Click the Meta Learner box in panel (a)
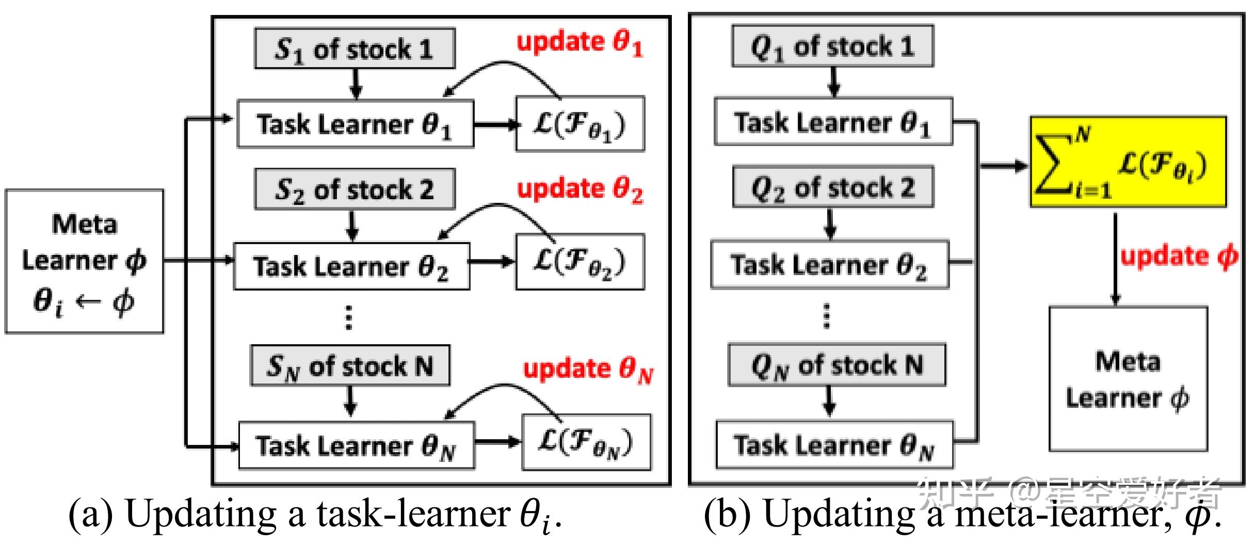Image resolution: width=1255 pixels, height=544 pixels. coord(84,261)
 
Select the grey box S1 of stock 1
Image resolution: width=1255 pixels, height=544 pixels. coord(355,49)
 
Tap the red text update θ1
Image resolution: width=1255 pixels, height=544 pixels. coord(580,43)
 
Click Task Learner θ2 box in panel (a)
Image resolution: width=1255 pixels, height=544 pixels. coord(351,266)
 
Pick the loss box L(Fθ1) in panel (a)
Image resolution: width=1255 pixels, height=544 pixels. coord(580,124)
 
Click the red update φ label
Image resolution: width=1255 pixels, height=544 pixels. coord(1179,257)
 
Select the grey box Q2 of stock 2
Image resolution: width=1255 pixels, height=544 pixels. coord(833,187)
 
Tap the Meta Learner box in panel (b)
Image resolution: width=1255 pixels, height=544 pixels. coord(1128,379)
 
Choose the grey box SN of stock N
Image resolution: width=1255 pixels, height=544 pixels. coord(350,365)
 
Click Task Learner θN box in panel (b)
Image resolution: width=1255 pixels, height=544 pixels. coord(834,445)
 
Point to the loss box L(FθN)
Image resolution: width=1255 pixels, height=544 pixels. coord(586,442)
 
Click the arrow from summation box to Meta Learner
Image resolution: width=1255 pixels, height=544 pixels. coord(1115,258)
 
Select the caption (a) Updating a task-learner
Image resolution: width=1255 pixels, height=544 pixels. coord(315,515)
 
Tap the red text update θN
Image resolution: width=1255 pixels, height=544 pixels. coord(588,370)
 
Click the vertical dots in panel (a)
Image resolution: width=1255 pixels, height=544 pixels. coord(349,317)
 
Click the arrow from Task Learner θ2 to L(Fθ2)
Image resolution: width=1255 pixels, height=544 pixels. coord(492,262)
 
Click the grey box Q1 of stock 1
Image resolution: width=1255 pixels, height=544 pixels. coord(832,46)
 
